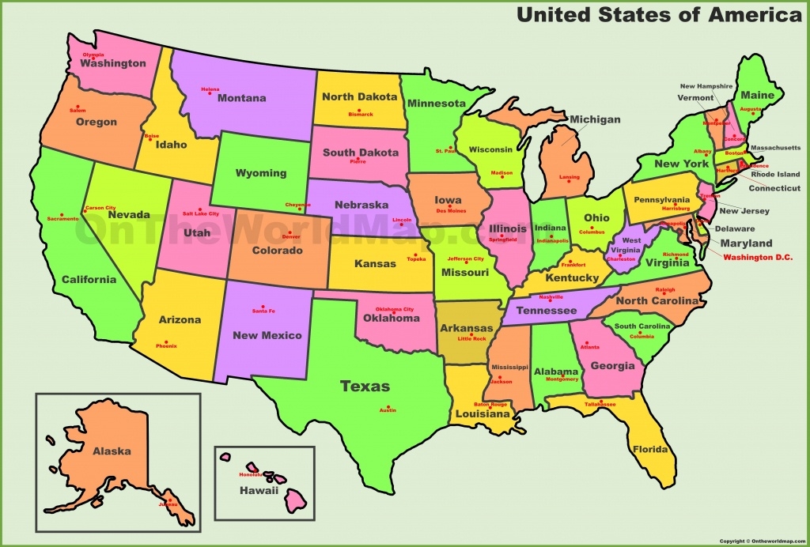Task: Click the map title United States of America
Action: (659, 14)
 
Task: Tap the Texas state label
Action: (365, 387)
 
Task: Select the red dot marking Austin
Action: (388, 405)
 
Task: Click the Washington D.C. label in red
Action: (758, 257)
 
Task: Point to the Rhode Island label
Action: (775, 175)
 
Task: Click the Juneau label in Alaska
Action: (168, 504)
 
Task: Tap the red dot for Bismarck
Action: (360, 109)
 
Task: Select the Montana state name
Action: (241, 98)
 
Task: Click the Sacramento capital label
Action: (62, 218)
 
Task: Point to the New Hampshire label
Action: (706, 86)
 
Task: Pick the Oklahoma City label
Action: (394, 309)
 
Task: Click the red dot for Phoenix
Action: (166, 341)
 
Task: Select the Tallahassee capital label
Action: (600, 404)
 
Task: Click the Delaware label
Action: (735, 228)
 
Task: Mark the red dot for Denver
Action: (290, 232)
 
